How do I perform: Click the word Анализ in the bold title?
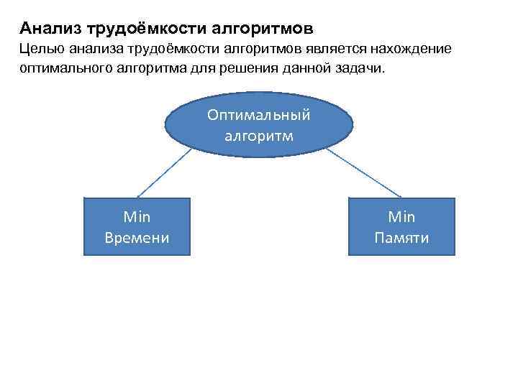pos(50,29)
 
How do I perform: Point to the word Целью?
pos(42,49)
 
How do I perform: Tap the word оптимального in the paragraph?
pos(64,70)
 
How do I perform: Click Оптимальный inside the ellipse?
pos(258,115)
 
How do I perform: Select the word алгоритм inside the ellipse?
pos(258,134)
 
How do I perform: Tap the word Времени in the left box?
pos(137,238)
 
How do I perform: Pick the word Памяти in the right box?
pos(401,238)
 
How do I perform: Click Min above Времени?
pos(137,216)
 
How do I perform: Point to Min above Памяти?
pos(401,216)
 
